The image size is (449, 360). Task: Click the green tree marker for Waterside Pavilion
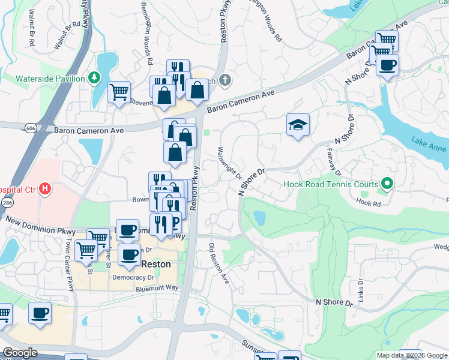[94, 78]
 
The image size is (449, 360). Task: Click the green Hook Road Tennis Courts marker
[388, 185]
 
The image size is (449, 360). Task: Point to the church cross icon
[224, 79]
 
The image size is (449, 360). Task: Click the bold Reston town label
[155, 264]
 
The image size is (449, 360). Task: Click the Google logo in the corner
[20, 353]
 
